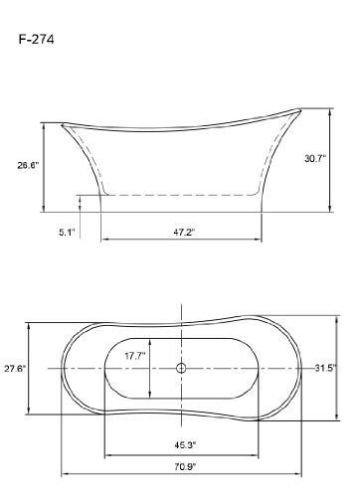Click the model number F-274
coord(36,40)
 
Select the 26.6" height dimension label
coord(28,165)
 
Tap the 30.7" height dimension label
coord(315,158)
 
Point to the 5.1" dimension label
coord(68,233)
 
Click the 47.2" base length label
coord(184,233)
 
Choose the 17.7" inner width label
coord(135,356)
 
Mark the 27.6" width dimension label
coord(15,368)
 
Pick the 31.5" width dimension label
coord(325,368)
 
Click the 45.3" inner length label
coord(185,445)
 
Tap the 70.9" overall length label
coord(185,467)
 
